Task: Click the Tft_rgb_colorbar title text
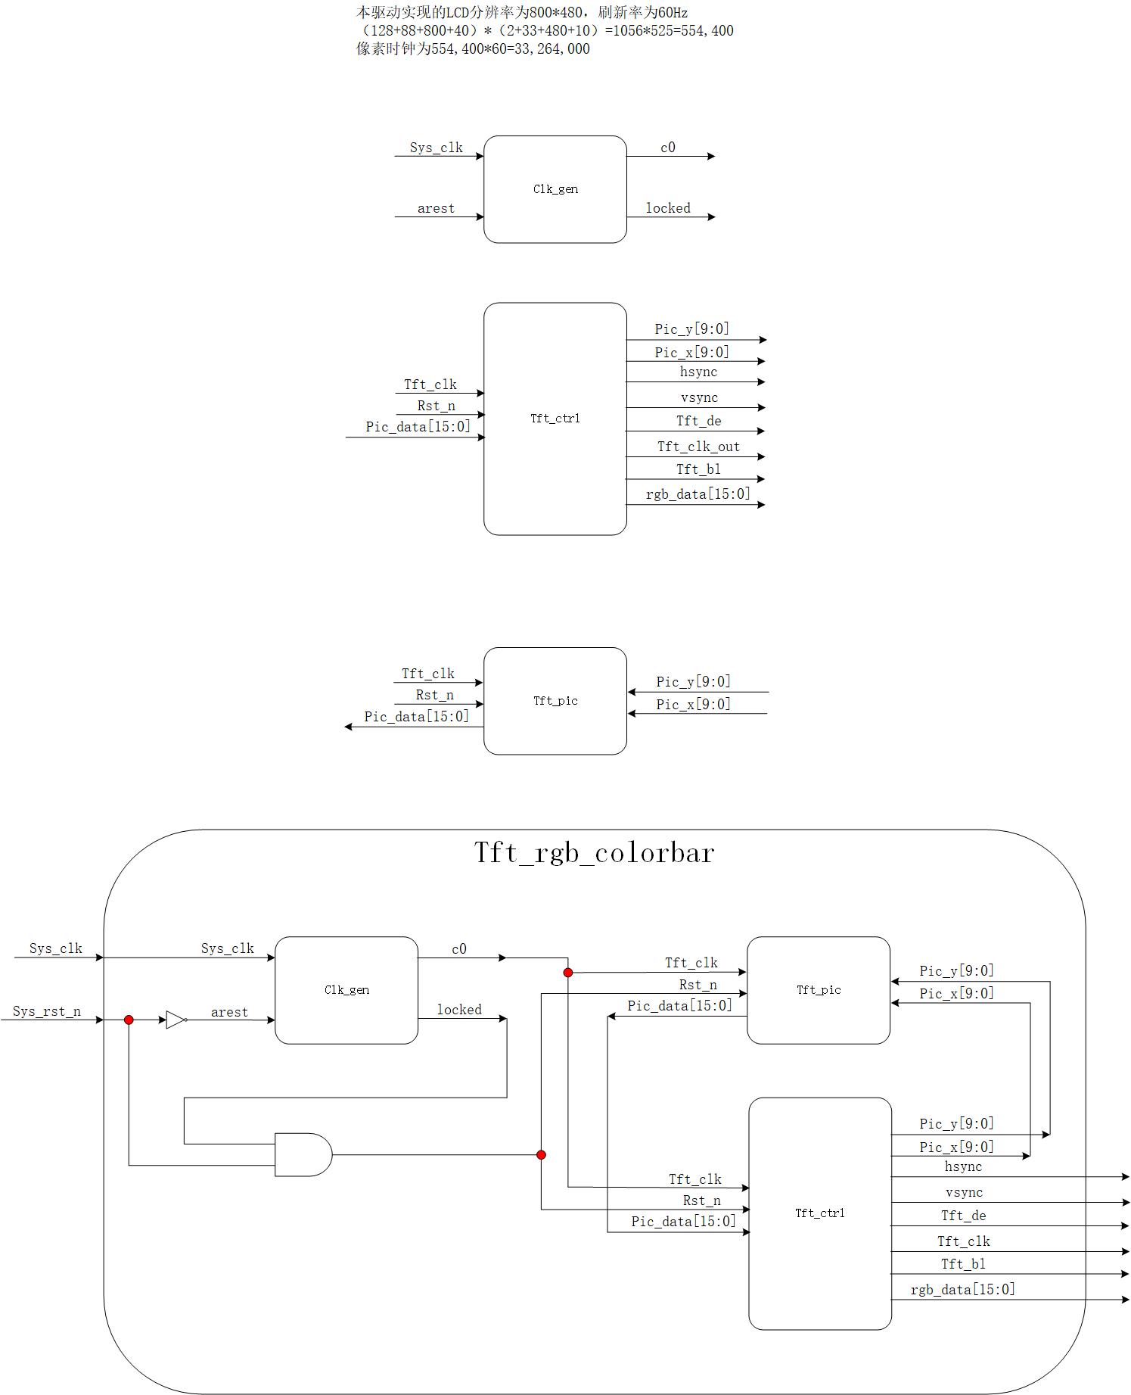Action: pos(594,853)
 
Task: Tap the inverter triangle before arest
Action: pos(176,1020)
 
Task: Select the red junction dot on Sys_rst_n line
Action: pos(129,1020)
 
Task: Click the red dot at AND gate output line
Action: pos(541,1154)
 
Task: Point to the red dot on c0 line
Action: pos(568,972)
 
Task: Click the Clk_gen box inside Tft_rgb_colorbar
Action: pos(346,990)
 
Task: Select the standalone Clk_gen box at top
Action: pos(555,189)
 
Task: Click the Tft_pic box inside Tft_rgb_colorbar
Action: pos(819,990)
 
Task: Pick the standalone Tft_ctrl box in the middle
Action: pos(555,419)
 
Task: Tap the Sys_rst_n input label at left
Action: pos(47,1011)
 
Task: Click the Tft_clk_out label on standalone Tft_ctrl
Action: pos(698,447)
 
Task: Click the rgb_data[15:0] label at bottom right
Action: pos(962,1289)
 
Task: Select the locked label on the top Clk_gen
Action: pos(668,208)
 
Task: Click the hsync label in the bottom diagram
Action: pos(963,1166)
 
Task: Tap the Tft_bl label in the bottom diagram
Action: pos(963,1263)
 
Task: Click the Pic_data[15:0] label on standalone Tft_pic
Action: pos(416,716)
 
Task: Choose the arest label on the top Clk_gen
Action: pos(436,208)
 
